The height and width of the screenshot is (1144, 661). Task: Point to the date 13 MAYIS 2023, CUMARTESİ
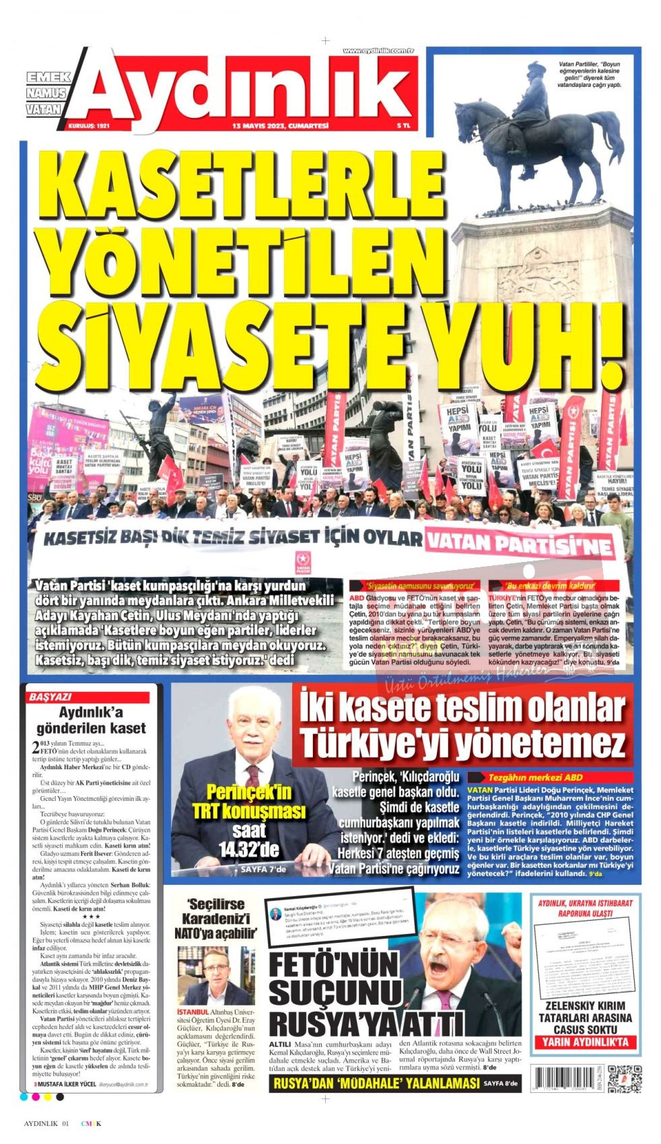(x=271, y=126)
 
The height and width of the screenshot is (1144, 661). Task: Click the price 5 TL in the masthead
(x=404, y=126)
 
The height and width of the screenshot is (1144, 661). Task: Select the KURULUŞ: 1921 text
(x=88, y=126)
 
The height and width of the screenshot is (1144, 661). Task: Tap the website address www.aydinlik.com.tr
(x=378, y=50)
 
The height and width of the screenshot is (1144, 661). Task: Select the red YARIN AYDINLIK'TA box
(x=584, y=1042)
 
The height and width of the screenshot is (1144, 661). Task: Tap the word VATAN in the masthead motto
(x=44, y=108)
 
